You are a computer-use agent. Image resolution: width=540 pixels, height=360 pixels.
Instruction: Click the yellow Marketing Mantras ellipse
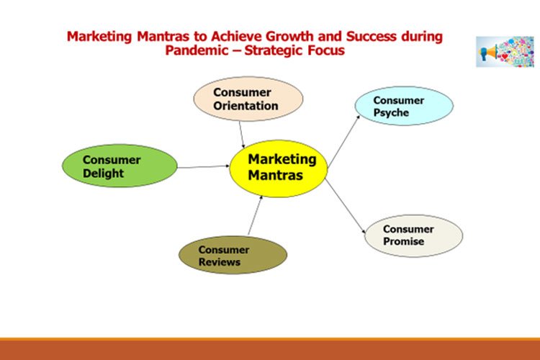[x=279, y=168]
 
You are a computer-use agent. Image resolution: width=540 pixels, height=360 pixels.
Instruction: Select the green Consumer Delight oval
[x=120, y=166]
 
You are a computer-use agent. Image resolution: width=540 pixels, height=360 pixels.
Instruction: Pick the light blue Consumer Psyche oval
[x=404, y=106]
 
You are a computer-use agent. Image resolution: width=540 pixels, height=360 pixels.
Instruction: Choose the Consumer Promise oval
[x=413, y=235]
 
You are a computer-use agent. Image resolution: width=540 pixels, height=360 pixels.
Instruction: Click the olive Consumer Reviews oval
[x=233, y=255]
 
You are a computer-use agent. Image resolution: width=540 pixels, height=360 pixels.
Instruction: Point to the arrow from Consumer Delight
[x=203, y=167]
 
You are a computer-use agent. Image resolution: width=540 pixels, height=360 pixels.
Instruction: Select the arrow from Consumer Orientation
[x=241, y=134]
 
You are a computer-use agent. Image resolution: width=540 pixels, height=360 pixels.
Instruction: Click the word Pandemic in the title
[x=194, y=50]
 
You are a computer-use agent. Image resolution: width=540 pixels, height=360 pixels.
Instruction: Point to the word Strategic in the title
[x=275, y=50]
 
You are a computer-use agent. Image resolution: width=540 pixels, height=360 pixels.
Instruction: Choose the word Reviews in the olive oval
[x=220, y=262]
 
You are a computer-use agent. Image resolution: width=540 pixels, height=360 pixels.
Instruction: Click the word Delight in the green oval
[x=103, y=174]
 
